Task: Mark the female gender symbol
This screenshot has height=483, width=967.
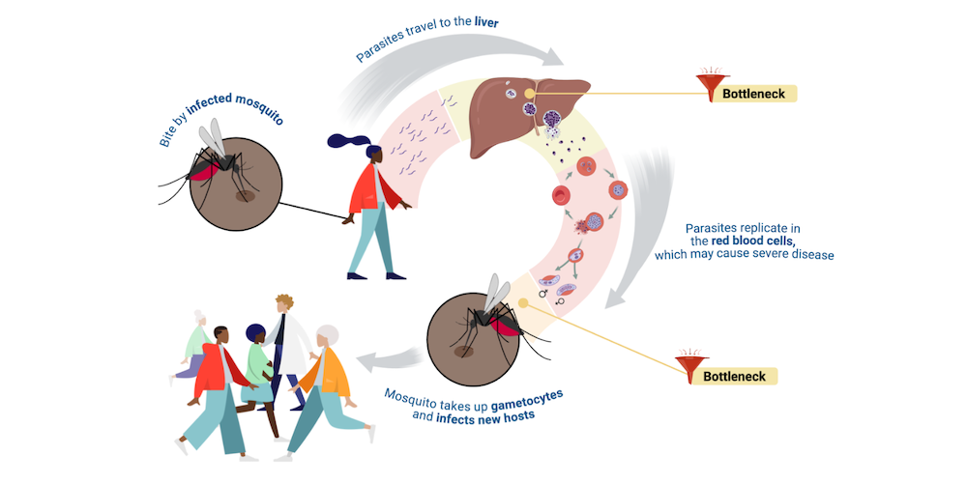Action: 560,301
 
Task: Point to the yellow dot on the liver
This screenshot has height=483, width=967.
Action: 530,93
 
